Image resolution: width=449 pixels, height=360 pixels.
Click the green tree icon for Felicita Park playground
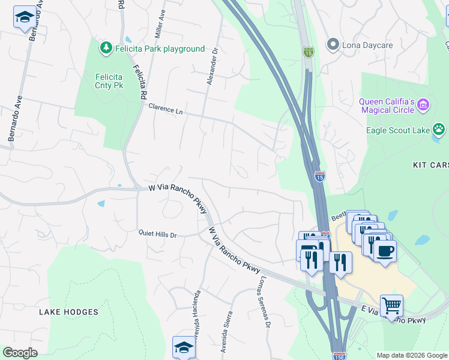tap(106, 47)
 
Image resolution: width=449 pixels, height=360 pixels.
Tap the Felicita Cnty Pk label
tap(109, 81)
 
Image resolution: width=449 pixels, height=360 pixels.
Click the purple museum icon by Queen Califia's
tap(423, 106)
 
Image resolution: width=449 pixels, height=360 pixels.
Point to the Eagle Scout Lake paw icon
tap(439, 129)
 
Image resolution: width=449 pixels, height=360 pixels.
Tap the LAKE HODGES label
tap(68, 312)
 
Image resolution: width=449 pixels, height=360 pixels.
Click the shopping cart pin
tap(391, 305)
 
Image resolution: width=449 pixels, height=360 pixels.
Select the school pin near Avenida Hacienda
tap(184, 347)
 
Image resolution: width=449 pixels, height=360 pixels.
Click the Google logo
tap(20, 353)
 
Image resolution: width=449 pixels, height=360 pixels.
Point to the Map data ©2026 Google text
tap(411, 355)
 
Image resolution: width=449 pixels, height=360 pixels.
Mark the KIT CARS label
tap(430, 164)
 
